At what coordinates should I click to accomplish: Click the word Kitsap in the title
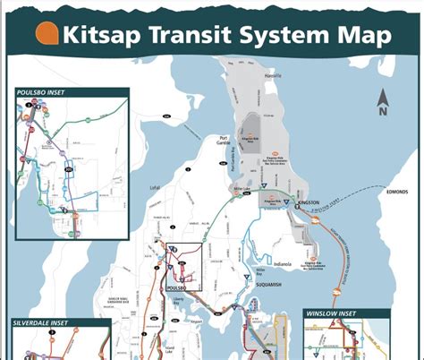point(108,35)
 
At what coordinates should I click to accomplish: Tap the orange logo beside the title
point(47,35)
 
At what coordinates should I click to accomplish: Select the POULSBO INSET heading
point(45,92)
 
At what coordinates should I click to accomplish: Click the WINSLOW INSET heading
point(332,314)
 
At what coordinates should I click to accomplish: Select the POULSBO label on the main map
point(176,288)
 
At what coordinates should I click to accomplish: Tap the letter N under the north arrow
point(383,111)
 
